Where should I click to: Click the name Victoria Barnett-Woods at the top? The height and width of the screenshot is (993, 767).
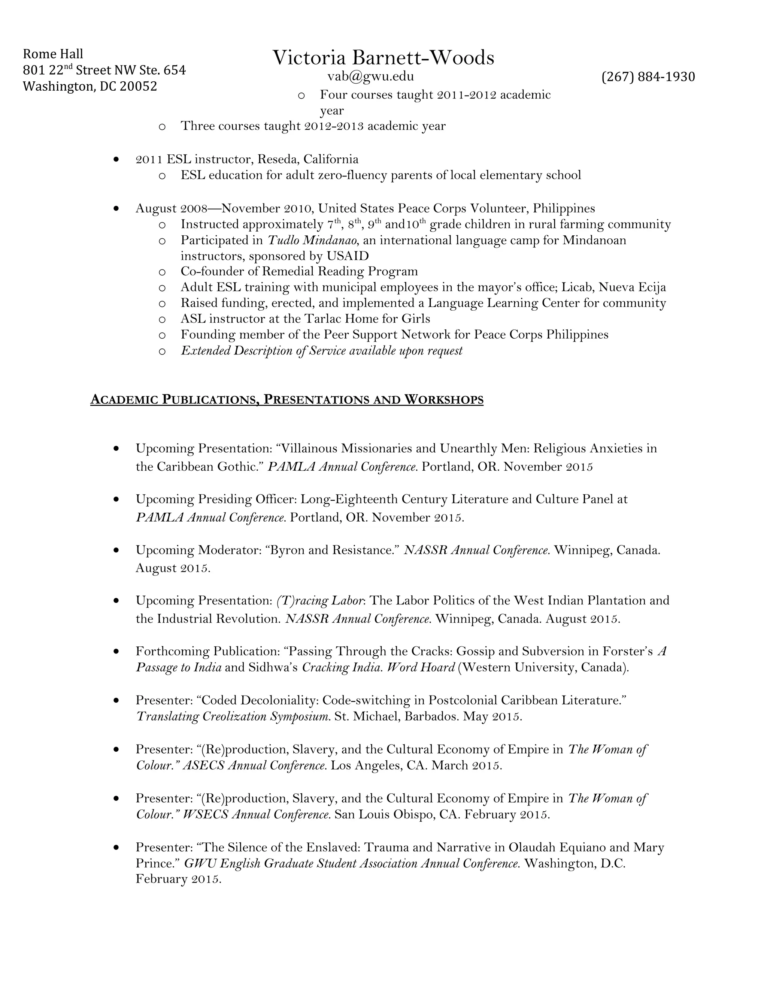click(x=383, y=58)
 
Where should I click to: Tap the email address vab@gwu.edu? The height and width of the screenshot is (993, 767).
click(x=370, y=76)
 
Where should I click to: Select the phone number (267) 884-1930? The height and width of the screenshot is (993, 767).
click(x=648, y=76)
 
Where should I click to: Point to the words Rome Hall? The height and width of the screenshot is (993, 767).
click(x=53, y=54)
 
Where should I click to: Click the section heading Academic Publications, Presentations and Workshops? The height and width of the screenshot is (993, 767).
click(x=287, y=400)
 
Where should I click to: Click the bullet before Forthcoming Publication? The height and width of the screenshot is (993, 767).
click(x=117, y=652)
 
